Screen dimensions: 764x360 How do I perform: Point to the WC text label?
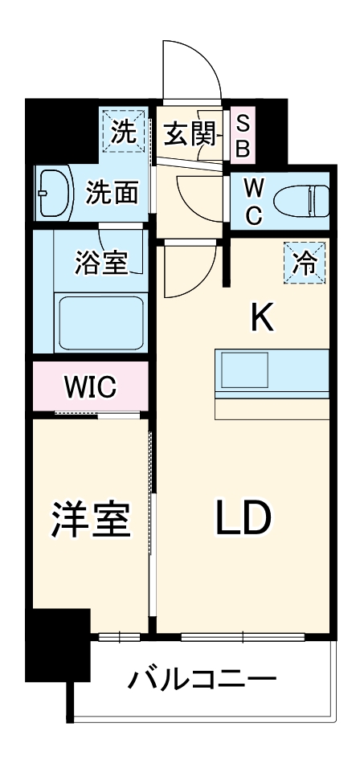click(x=252, y=201)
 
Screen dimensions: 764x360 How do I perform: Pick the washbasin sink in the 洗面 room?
click(x=53, y=193)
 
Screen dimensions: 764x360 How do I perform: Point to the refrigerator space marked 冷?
click(x=305, y=263)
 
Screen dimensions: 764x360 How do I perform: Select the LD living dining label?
click(x=240, y=520)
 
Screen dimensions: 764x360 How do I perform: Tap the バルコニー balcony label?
click(x=202, y=681)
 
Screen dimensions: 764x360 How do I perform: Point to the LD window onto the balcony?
click(x=240, y=637)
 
